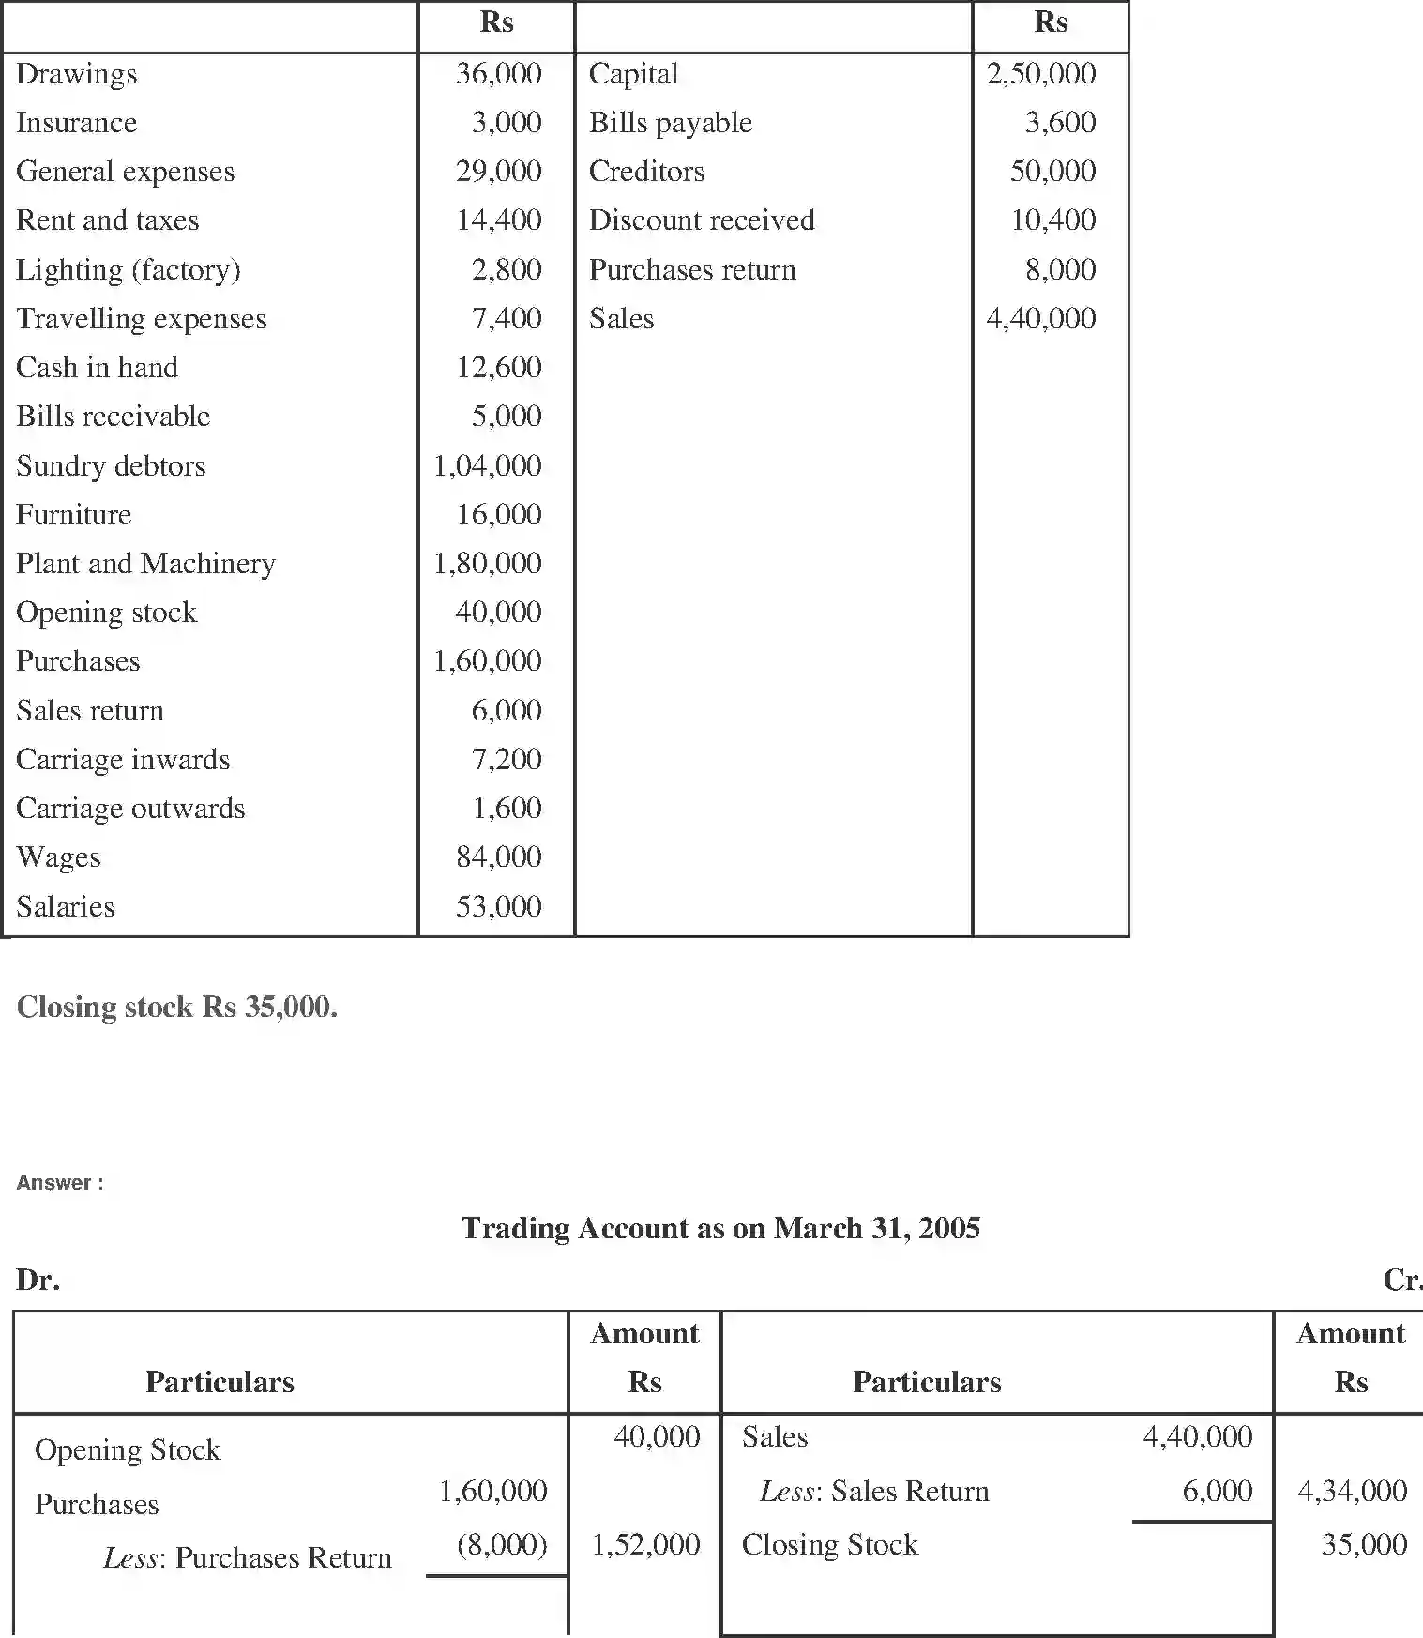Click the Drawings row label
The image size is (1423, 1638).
pos(77,74)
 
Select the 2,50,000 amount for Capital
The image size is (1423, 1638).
pos(1040,74)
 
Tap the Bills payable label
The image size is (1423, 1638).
pos(670,123)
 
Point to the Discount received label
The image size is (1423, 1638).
pos(701,220)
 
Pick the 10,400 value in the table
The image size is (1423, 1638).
pos(1052,220)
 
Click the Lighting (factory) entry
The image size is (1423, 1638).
pos(129,270)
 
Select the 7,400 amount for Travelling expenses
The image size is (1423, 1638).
pos(506,319)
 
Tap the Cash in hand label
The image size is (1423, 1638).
pos(97,368)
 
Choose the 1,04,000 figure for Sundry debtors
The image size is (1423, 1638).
pos(487,465)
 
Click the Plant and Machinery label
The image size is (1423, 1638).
pos(145,564)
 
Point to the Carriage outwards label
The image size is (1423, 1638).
pos(130,809)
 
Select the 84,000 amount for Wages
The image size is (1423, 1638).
pos(498,857)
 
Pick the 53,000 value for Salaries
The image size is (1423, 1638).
pos(498,906)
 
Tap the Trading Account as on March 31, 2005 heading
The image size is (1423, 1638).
pos(720,1228)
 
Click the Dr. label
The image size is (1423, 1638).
pos(38,1280)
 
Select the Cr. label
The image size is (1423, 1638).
pos(1401,1280)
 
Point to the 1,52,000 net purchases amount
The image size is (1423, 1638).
pos(645,1545)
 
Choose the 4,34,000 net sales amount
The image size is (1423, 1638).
pos(1352,1491)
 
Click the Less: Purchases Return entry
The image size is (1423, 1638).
pos(248,1558)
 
